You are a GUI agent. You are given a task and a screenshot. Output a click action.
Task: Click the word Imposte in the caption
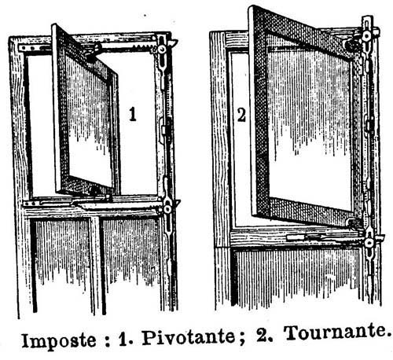pos(59,341)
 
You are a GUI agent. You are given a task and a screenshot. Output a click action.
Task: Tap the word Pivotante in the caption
pos(188,338)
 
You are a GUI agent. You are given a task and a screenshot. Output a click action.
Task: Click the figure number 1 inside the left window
pos(133,115)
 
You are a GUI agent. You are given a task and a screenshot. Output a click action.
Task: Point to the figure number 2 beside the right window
pos(241,116)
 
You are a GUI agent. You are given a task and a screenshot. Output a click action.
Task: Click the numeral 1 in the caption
pos(123,340)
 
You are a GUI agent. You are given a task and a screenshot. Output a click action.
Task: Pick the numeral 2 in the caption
pos(262,336)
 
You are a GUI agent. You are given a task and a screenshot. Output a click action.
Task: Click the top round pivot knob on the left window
pos(162,49)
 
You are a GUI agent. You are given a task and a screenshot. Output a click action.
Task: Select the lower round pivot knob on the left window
pos(167,209)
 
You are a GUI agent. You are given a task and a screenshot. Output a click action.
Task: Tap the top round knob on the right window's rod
pos(367,35)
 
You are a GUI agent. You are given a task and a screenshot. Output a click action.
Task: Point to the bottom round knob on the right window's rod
pos(369,243)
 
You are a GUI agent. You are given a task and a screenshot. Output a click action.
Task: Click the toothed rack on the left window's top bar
pos(143,46)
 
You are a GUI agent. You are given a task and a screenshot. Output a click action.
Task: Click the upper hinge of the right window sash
pos(351,45)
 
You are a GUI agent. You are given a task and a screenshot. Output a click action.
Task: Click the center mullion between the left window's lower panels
pos(96,265)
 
